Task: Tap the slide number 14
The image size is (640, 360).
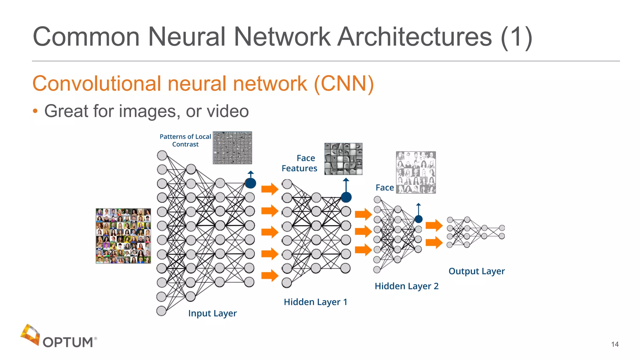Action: [615, 344]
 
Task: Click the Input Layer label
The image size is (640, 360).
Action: [212, 313]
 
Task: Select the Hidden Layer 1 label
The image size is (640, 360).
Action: [315, 302]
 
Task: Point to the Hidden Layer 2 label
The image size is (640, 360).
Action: [406, 286]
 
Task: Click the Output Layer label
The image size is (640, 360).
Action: [476, 271]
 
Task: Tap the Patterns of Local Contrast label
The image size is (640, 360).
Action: [185, 140]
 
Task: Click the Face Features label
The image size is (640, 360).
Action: [299, 163]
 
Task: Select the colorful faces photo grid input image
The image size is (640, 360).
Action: [123, 236]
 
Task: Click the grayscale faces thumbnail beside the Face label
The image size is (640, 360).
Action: [416, 172]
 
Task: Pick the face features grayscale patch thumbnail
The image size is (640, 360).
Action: [343, 159]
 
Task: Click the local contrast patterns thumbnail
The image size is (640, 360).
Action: [232, 148]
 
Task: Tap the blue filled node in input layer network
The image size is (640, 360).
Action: [251, 183]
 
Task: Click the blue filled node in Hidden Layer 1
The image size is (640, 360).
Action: [346, 197]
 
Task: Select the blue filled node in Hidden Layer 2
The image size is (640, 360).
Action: [418, 219]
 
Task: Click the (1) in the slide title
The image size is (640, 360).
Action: [516, 37]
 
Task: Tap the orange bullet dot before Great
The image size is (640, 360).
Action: [35, 111]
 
